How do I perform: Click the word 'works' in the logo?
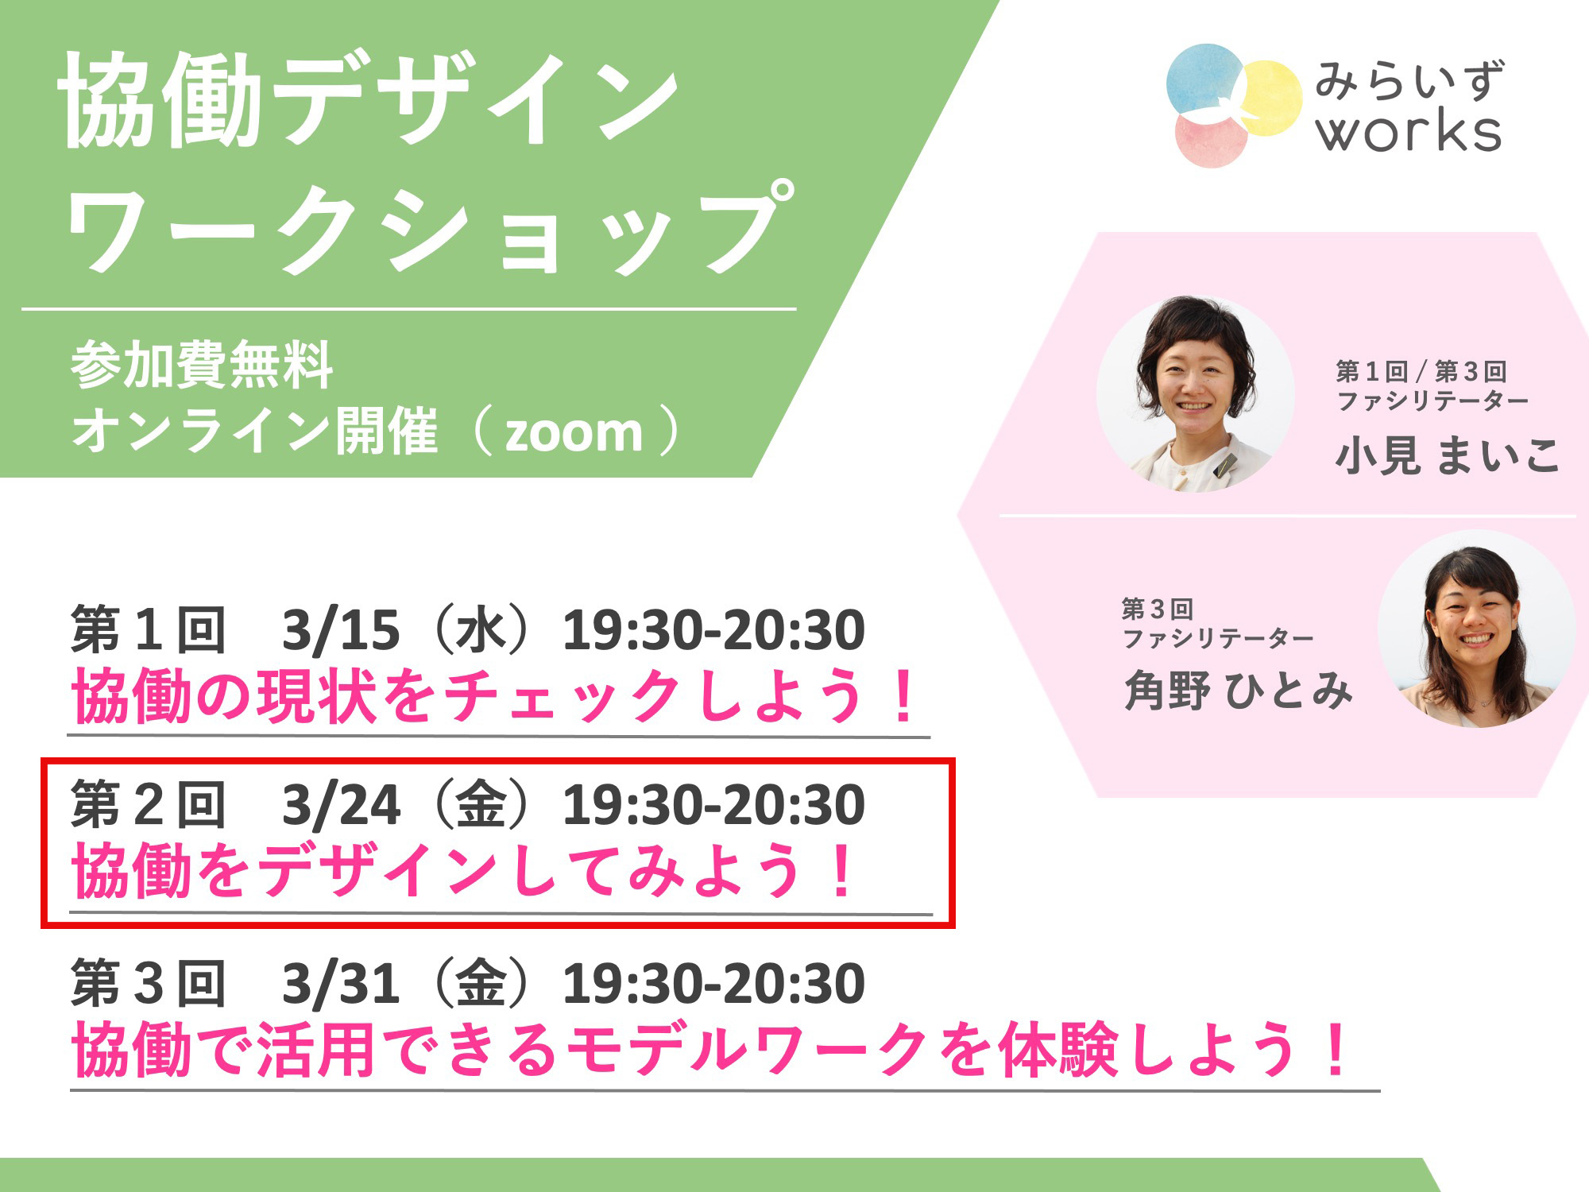(x=1408, y=132)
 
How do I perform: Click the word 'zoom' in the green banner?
(x=574, y=433)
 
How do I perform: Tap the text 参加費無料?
(x=202, y=365)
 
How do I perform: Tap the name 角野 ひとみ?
(x=1238, y=690)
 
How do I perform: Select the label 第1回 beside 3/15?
(x=149, y=631)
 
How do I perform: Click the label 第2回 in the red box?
(x=149, y=806)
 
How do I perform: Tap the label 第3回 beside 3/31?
(x=149, y=984)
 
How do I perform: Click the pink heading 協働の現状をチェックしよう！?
(x=497, y=696)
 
